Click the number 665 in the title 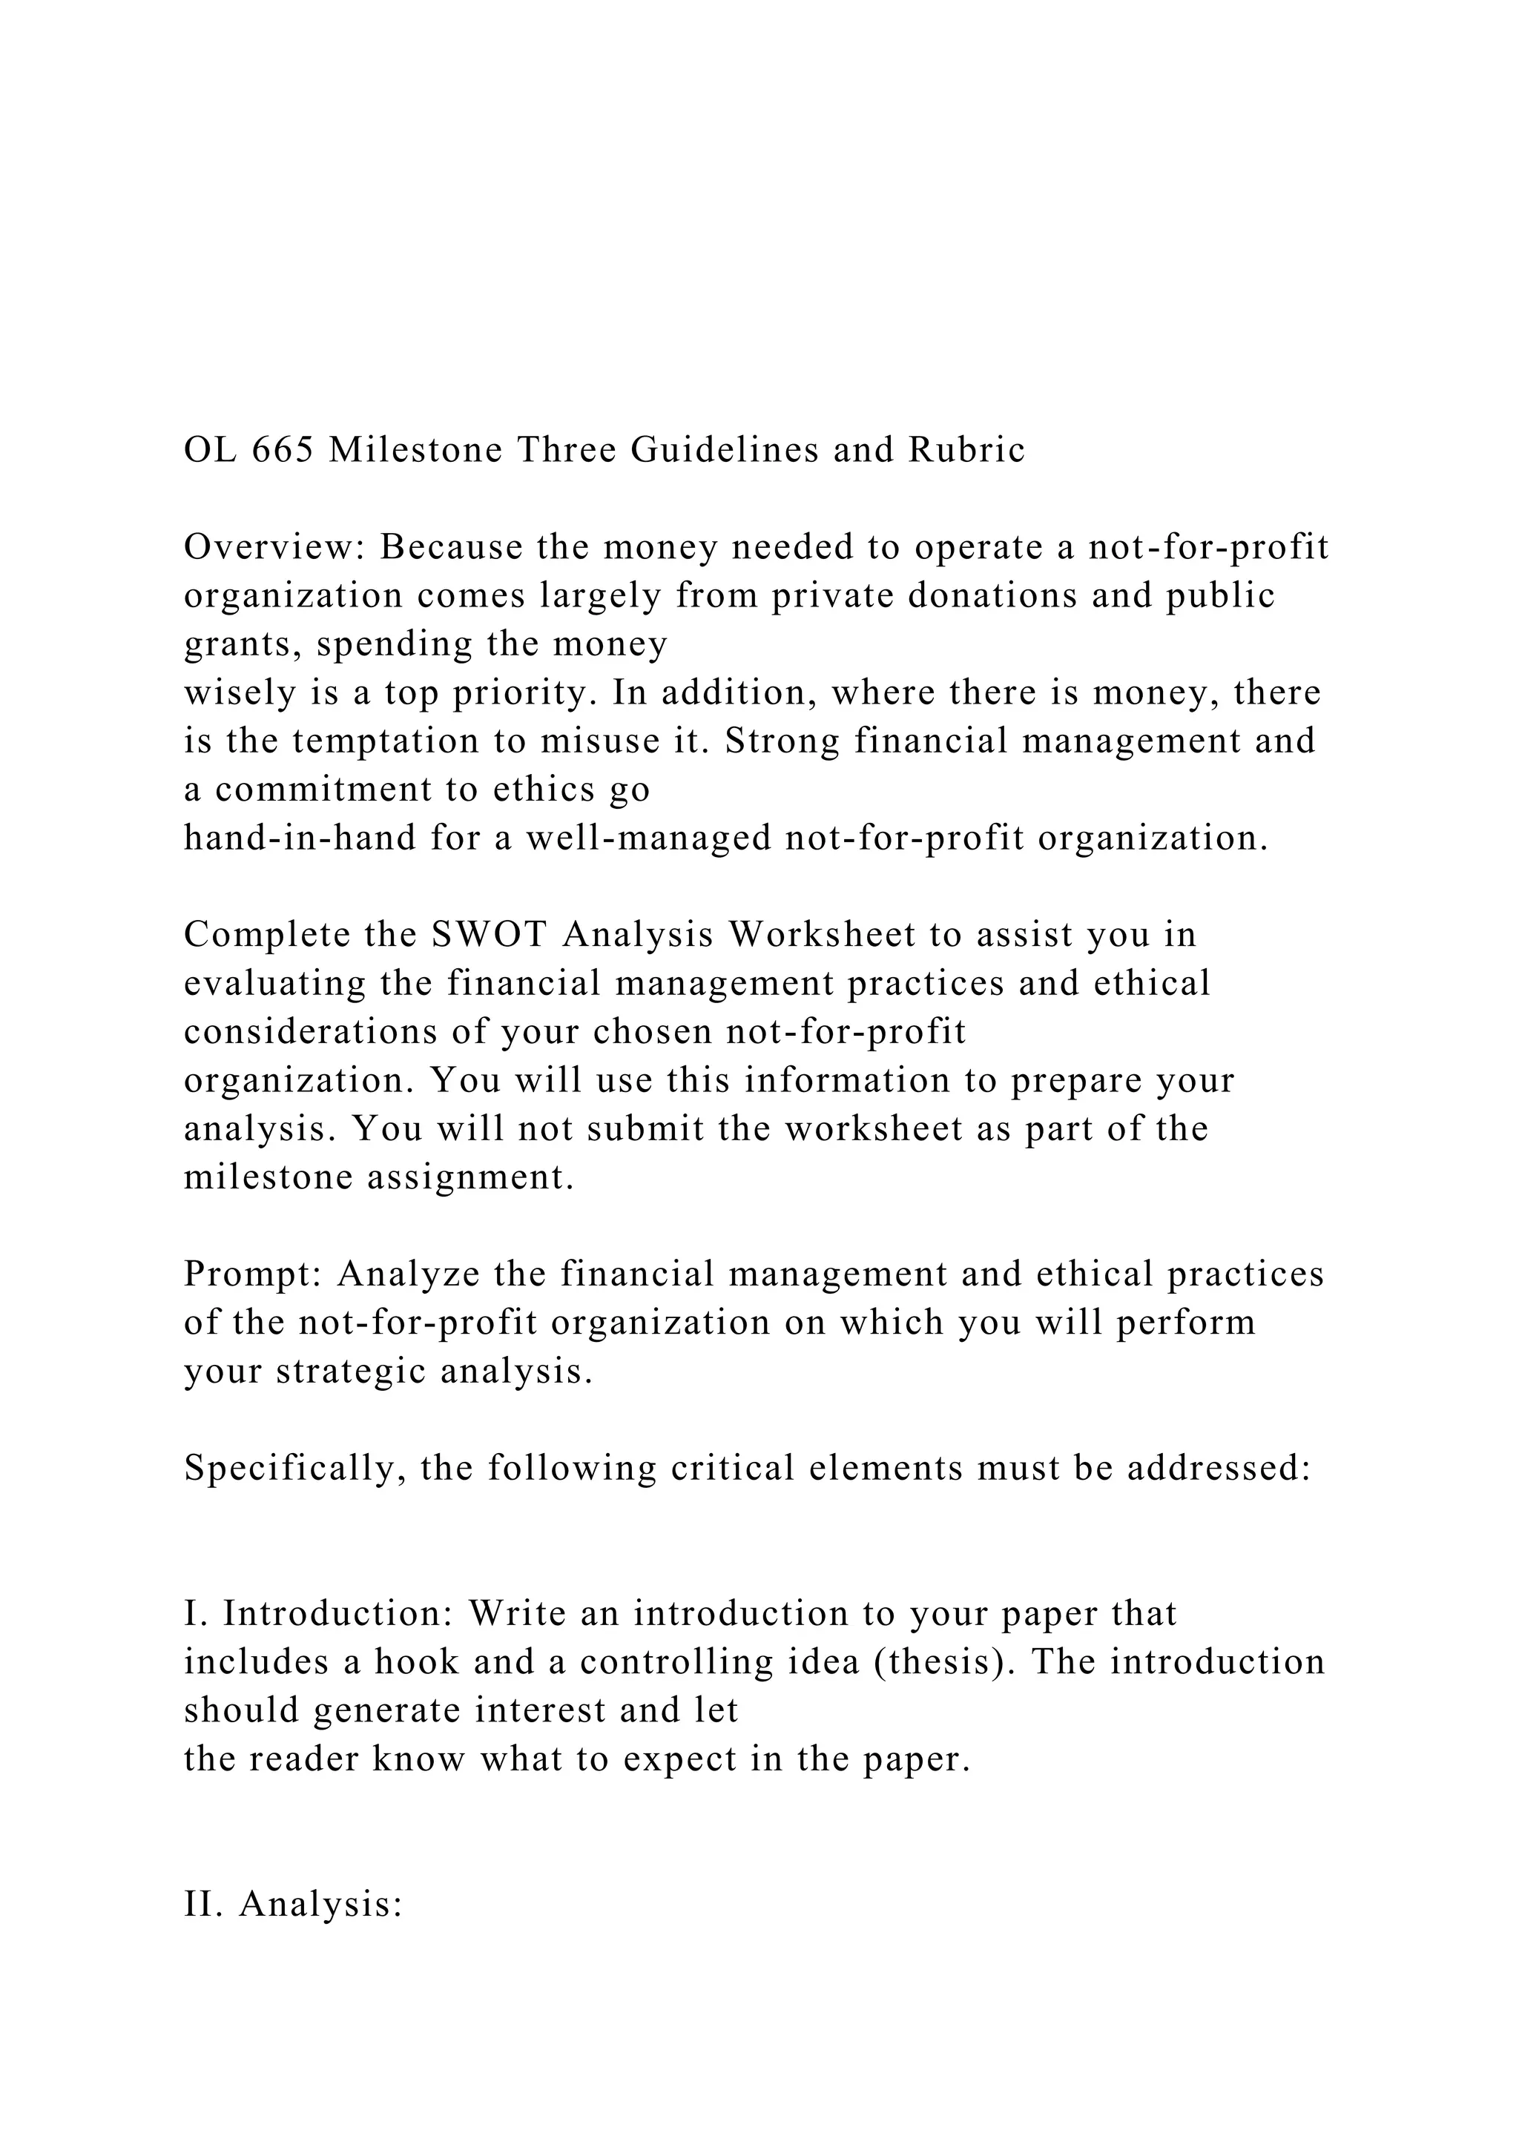point(283,450)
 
